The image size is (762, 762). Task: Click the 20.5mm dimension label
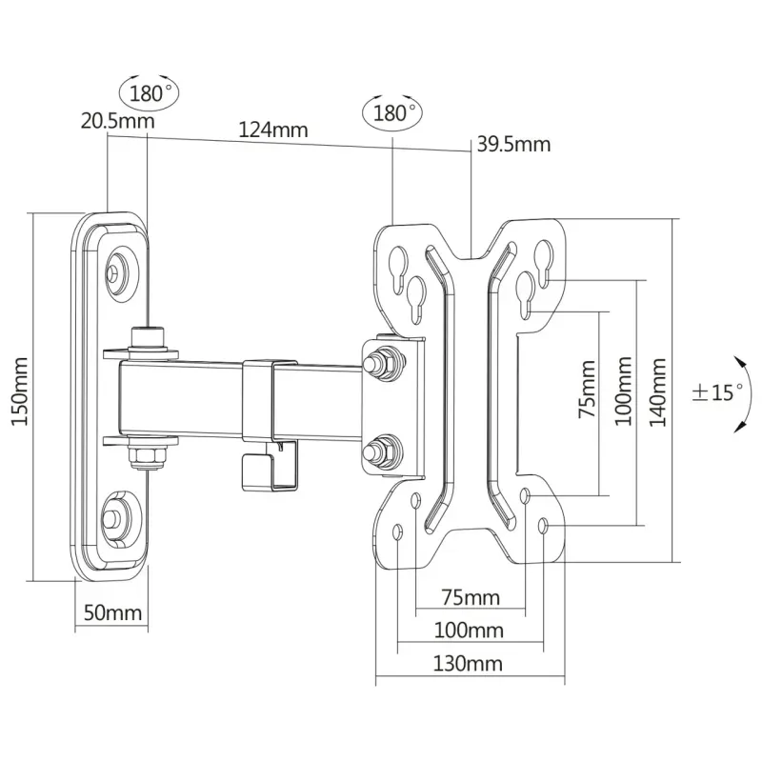tap(118, 121)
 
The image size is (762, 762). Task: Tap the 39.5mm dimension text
tap(513, 145)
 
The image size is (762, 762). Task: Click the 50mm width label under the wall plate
tap(111, 612)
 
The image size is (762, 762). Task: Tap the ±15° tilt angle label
tap(715, 391)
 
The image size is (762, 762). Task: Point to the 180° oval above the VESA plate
tap(391, 111)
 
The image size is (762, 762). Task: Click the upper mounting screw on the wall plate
tap(114, 272)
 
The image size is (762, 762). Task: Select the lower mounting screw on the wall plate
tap(114, 517)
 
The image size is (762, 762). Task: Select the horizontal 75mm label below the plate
tap(471, 597)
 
